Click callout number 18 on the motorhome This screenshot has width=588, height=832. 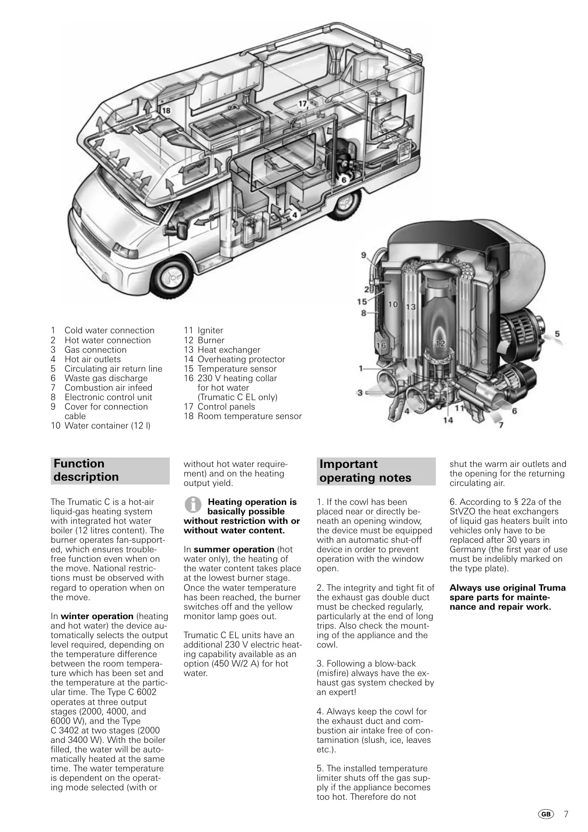click(x=166, y=110)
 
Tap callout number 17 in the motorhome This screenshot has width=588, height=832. click(x=303, y=104)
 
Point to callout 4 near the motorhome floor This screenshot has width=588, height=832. click(x=294, y=215)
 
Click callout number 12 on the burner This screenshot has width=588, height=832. click(x=441, y=343)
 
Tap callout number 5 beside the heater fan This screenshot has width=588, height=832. click(x=557, y=334)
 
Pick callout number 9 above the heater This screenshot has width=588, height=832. click(x=364, y=255)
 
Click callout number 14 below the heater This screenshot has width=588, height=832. click(x=448, y=420)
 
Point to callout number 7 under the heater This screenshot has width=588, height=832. click(x=501, y=425)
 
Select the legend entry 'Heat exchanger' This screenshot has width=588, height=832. click(x=229, y=350)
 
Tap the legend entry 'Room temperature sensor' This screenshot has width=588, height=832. click(x=249, y=416)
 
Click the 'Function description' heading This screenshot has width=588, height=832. click(x=86, y=470)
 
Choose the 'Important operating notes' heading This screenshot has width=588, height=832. click(x=365, y=471)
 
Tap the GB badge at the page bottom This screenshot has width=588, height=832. click(x=546, y=814)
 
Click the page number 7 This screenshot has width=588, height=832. click(x=566, y=814)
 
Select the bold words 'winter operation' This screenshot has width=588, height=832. click(x=97, y=616)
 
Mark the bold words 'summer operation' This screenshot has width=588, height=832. click(x=234, y=549)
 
